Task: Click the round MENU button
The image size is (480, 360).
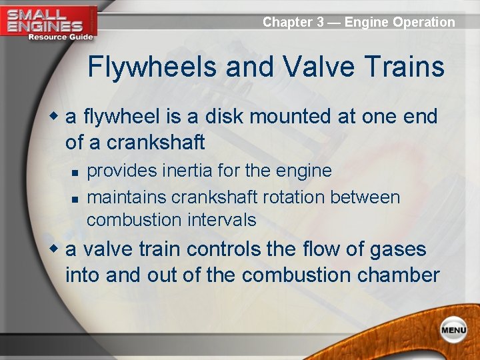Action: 453,330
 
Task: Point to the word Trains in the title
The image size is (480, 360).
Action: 406,67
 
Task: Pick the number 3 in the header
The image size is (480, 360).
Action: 321,22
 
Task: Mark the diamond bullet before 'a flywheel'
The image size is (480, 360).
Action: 57,117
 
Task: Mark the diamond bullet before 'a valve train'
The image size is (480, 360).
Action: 57,249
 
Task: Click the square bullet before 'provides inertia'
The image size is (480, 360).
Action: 75,172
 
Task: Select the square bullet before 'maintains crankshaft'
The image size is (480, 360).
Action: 75,199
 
